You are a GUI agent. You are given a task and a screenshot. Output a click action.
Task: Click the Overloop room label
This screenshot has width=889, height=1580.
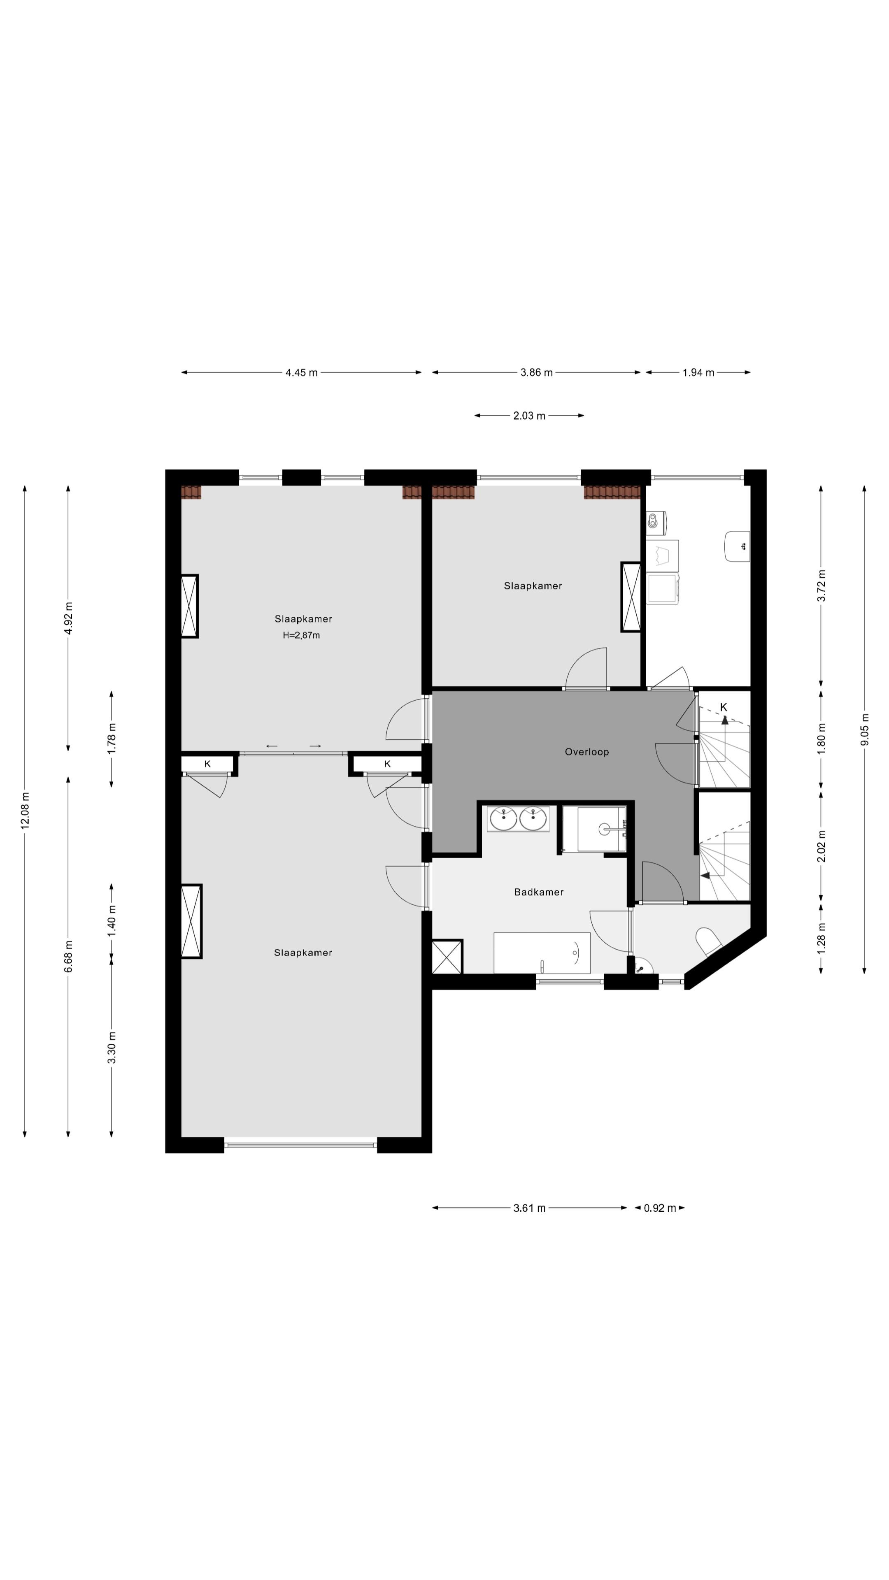586,752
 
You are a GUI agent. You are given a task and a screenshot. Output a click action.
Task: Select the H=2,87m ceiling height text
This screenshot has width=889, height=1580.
301,635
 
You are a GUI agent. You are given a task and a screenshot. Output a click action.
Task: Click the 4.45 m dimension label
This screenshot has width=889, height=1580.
301,372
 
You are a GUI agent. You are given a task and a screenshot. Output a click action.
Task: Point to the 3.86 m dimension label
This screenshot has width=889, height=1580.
536,372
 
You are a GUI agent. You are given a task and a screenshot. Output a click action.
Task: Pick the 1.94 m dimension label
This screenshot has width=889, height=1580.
698,372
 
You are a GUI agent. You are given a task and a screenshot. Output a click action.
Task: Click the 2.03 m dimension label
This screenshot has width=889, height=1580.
529,416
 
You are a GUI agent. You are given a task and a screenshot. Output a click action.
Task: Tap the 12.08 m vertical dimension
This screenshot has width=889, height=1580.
25,811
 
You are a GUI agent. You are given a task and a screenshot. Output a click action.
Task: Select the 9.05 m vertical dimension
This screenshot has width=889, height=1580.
864,729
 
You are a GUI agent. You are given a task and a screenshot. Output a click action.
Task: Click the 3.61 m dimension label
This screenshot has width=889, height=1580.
529,1208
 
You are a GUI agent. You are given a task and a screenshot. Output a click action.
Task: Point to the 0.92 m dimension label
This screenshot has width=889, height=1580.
659,1208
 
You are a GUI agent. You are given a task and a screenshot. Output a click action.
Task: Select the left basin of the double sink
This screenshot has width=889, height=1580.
503,819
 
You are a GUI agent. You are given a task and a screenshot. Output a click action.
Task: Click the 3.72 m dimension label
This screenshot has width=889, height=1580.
822,586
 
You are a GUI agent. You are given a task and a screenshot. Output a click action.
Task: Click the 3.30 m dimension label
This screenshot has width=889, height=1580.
112,1048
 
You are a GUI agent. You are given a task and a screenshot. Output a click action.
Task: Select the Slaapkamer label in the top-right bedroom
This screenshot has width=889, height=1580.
533,586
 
